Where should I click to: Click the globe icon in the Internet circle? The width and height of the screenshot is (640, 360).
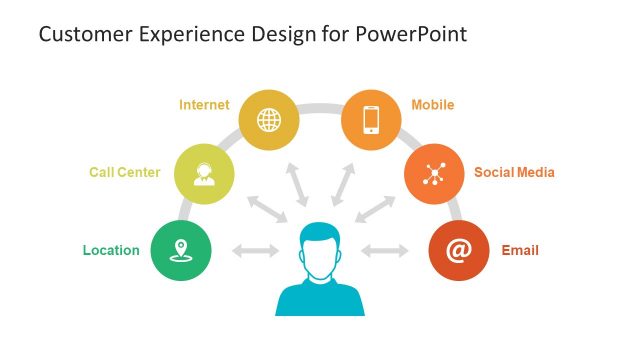pos(269,120)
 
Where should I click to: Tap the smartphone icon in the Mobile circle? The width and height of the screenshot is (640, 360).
pos(371,120)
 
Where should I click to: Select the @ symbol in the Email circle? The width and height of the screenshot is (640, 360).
pos(459,250)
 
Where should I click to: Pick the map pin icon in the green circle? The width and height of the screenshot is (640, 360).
pos(181,250)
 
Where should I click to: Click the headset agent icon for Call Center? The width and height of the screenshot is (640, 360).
pos(204,173)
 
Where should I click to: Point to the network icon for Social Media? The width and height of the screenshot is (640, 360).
pos(434,173)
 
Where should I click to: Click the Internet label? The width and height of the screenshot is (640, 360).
pos(204,104)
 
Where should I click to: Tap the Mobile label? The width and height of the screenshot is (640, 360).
pos(433,104)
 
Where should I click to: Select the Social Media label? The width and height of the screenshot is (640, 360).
pos(514,172)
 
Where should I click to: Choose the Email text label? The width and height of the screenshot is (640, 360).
pos(520,250)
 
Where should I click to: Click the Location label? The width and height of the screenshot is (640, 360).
pos(111,250)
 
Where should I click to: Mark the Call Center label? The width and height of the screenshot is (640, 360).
pos(124,172)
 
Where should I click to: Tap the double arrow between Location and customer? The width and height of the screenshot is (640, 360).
pos(255,250)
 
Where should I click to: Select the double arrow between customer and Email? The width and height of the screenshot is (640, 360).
pos(385,250)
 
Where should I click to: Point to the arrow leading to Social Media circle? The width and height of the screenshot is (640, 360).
pos(376,209)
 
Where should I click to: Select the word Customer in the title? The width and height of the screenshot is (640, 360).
pos(84,35)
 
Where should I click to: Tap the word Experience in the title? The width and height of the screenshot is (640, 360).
pos(184,35)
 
